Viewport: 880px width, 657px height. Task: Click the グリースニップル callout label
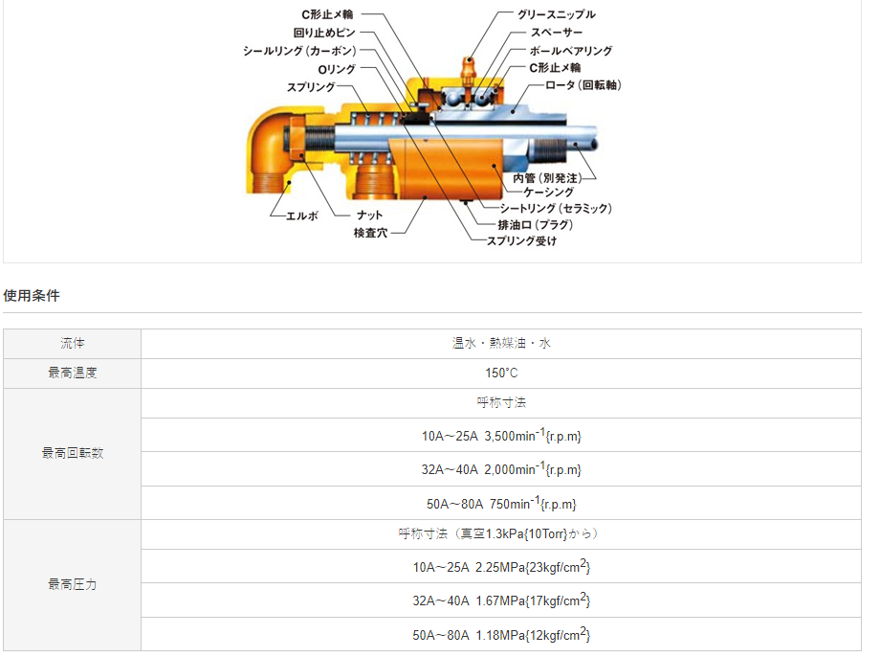pyautogui.click(x=556, y=14)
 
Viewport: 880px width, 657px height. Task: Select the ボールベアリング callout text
pyautogui.click(x=570, y=50)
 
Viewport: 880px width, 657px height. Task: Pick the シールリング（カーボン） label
pyautogui.click(x=299, y=51)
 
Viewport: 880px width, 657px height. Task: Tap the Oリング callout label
pyautogui.click(x=338, y=69)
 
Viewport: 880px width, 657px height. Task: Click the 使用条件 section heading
pyautogui.click(x=32, y=295)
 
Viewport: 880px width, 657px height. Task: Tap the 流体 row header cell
pyautogui.click(x=73, y=343)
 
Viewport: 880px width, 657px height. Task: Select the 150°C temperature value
pyautogui.click(x=501, y=373)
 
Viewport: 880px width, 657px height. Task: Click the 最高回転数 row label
pyautogui.click(x=73, y=453)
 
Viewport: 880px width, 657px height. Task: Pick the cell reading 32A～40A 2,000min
pyautogui.click(x=501, y=469)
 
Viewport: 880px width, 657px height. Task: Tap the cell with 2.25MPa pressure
pyautogui.click(x=501, y=567)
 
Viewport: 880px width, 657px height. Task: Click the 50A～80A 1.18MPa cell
pyautogui.click(x=501, y=634)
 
